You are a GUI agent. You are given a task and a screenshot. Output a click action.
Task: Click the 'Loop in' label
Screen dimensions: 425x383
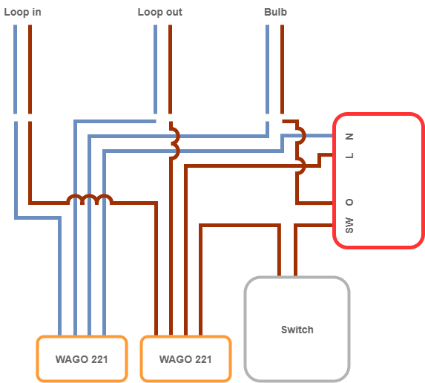(x=22, y=13)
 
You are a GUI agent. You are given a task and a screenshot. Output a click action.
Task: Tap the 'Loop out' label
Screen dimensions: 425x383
(x=160, y=13)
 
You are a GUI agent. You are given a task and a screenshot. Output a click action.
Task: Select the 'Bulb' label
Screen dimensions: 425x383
(x=275, y=12)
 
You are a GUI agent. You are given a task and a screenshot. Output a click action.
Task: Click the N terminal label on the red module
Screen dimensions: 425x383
(x=349, y=137)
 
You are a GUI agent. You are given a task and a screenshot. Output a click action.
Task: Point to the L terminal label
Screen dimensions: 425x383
(x=349, y=155)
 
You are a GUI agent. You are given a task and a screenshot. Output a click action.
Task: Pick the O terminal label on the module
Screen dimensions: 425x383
(x=349, y=203)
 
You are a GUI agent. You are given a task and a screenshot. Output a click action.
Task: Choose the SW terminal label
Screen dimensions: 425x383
(x=349, y=225)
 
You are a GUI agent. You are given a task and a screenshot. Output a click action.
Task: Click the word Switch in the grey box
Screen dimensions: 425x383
(x=297, y=330)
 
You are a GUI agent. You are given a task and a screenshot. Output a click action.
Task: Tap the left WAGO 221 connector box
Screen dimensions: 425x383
(x=82, y=359)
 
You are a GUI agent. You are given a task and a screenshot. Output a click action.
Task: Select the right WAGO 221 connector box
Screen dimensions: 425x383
(x=185, y=359)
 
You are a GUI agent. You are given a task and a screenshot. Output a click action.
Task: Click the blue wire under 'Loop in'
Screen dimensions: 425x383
(x=15, y=70)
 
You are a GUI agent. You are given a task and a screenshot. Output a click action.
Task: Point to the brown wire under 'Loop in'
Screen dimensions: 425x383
(x=30, y=70)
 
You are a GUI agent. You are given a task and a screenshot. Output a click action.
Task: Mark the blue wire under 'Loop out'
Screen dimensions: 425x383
(x=155, y=70)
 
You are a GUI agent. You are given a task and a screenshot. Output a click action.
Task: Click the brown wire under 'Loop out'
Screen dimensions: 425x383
(x=170, y=70)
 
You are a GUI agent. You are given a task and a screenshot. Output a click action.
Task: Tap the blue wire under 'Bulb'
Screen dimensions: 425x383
(x=267, y=70)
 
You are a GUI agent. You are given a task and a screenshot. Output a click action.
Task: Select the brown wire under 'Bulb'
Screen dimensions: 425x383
(x=282, y=70)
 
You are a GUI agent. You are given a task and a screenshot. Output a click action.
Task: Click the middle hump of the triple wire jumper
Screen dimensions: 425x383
(x=90, y=196)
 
